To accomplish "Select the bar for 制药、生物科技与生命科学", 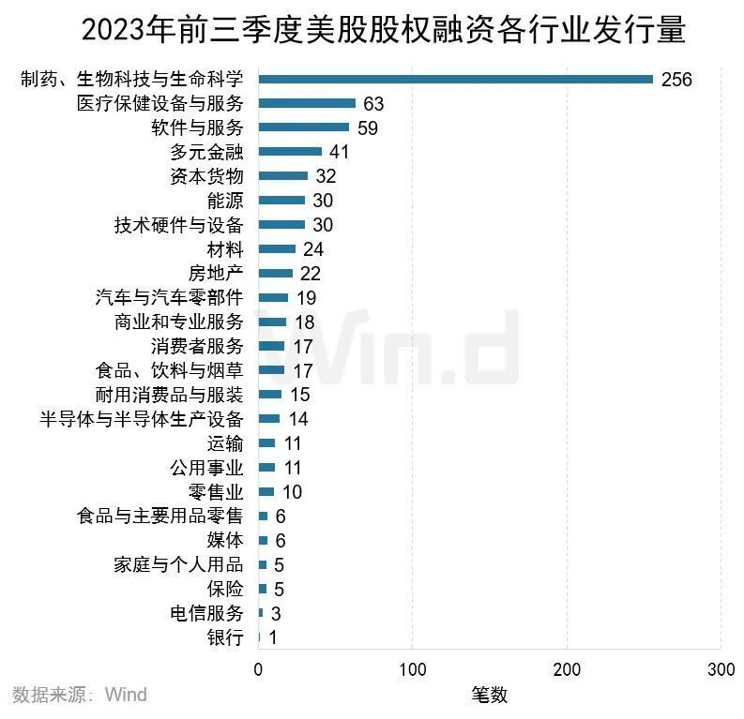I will (x=455, y=79).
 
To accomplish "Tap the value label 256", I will (x=676, y=80).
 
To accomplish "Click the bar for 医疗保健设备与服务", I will (x=307, y=103).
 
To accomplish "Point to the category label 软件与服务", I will (x=197, y=127).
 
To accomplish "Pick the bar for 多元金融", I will (x=290, y=152).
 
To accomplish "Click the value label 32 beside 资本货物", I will (x=326, y=176).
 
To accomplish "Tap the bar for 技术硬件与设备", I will (x=281, y=225).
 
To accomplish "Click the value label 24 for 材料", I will (x=313, y=249).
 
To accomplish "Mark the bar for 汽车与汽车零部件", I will (x=273, y=298).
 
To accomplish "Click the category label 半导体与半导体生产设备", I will (x=142, y=419).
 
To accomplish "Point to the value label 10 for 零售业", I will (x=292, y=492).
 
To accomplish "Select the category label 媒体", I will (x=225, y=541).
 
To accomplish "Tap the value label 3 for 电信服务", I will (x=276, y=614).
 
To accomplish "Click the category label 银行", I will (x=225, y=638).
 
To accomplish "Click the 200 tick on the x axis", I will (x=567, y=670).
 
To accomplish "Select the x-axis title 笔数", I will (x=489, y=695).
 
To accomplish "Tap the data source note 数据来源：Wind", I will (x=80, y=695).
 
